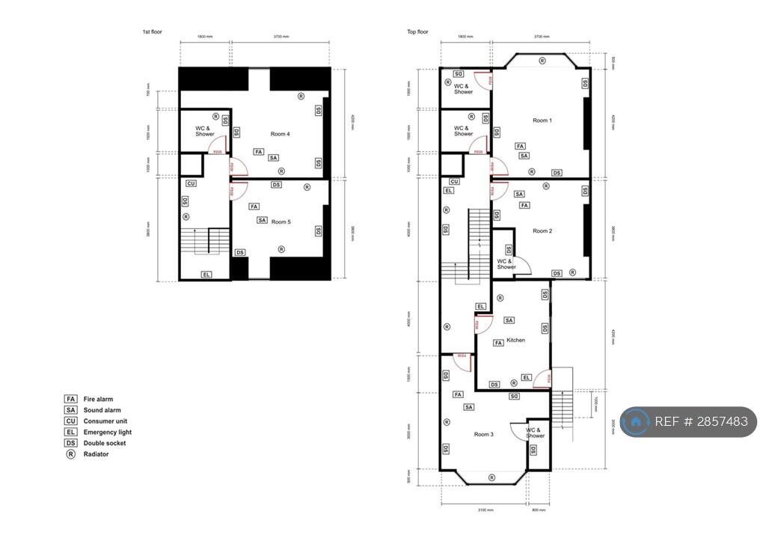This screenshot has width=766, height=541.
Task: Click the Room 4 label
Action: pyautogui.click(x=281, y=134)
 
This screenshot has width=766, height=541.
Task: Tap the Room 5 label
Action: pyautogui.click(x=281, y=221)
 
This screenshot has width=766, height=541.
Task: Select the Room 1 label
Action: pyautogui.click(x=542, y=120)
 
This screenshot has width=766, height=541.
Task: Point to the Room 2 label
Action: pyautogui.click(x=542, y=231)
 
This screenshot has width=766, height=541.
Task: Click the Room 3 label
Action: pyautogui.click(x=483, y=434)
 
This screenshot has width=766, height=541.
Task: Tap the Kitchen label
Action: pyautogui.click(x=516, y=340)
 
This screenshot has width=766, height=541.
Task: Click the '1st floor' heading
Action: pyautogui.click(x=153, y=32)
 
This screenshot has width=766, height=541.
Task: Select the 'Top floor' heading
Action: pyautogui.click(x=417, y=32)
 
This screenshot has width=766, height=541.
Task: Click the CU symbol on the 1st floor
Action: pyautogui.click(x=191, y=183)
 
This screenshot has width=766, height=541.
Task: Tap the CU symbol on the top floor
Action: pyautogui.click(x=454, y=181)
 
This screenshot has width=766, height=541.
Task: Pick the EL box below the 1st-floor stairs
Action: pyautogui.click(x=206, y=275)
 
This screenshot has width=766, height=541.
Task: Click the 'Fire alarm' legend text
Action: pyautogui.click(x=98, y=400)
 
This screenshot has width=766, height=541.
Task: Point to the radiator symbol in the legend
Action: pyautogui.click(x=71, y=454)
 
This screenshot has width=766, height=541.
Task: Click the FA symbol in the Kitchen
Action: pyautogui.click(x=498, y=343)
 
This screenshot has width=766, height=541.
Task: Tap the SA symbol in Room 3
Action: pyautogui.click(x=469, y=407)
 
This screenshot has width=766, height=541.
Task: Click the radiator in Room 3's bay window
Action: pyautogui.click(x=491, y=477)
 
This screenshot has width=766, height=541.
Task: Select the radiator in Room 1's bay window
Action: pyautogui.click(x=542, y=58)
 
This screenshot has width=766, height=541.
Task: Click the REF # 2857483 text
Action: pyautogui.click(x=701, y=422)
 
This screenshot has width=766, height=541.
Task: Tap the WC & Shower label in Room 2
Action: pyautogui.click(x=506, y=264)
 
